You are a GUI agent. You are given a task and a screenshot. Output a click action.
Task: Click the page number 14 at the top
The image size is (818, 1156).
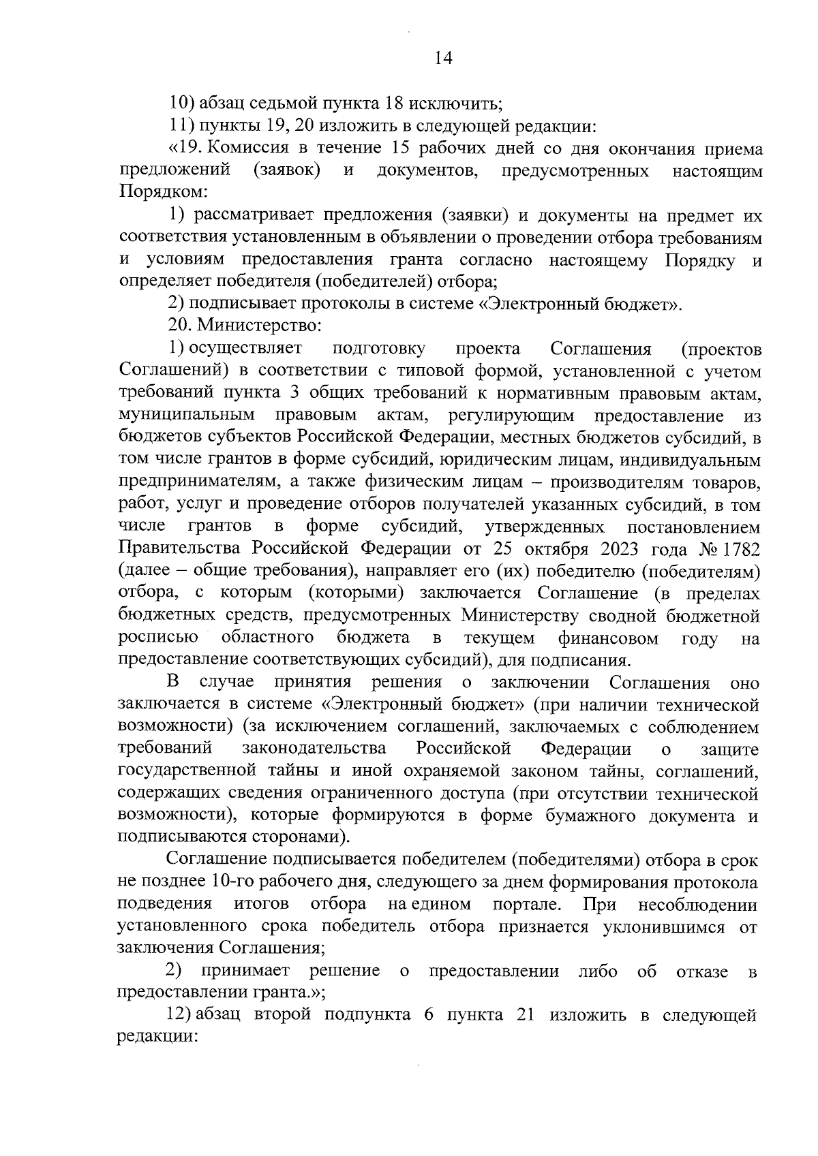tap(442, 59)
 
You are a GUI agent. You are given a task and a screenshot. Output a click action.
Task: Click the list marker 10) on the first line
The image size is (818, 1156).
tap(181, 104)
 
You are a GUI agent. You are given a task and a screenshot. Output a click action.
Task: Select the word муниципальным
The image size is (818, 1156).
tap(187, 415)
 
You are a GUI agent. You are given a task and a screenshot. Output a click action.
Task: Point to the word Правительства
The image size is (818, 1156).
tap(180, 549)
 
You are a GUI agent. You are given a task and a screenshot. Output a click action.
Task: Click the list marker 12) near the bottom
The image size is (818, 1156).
tap(180, 1015)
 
